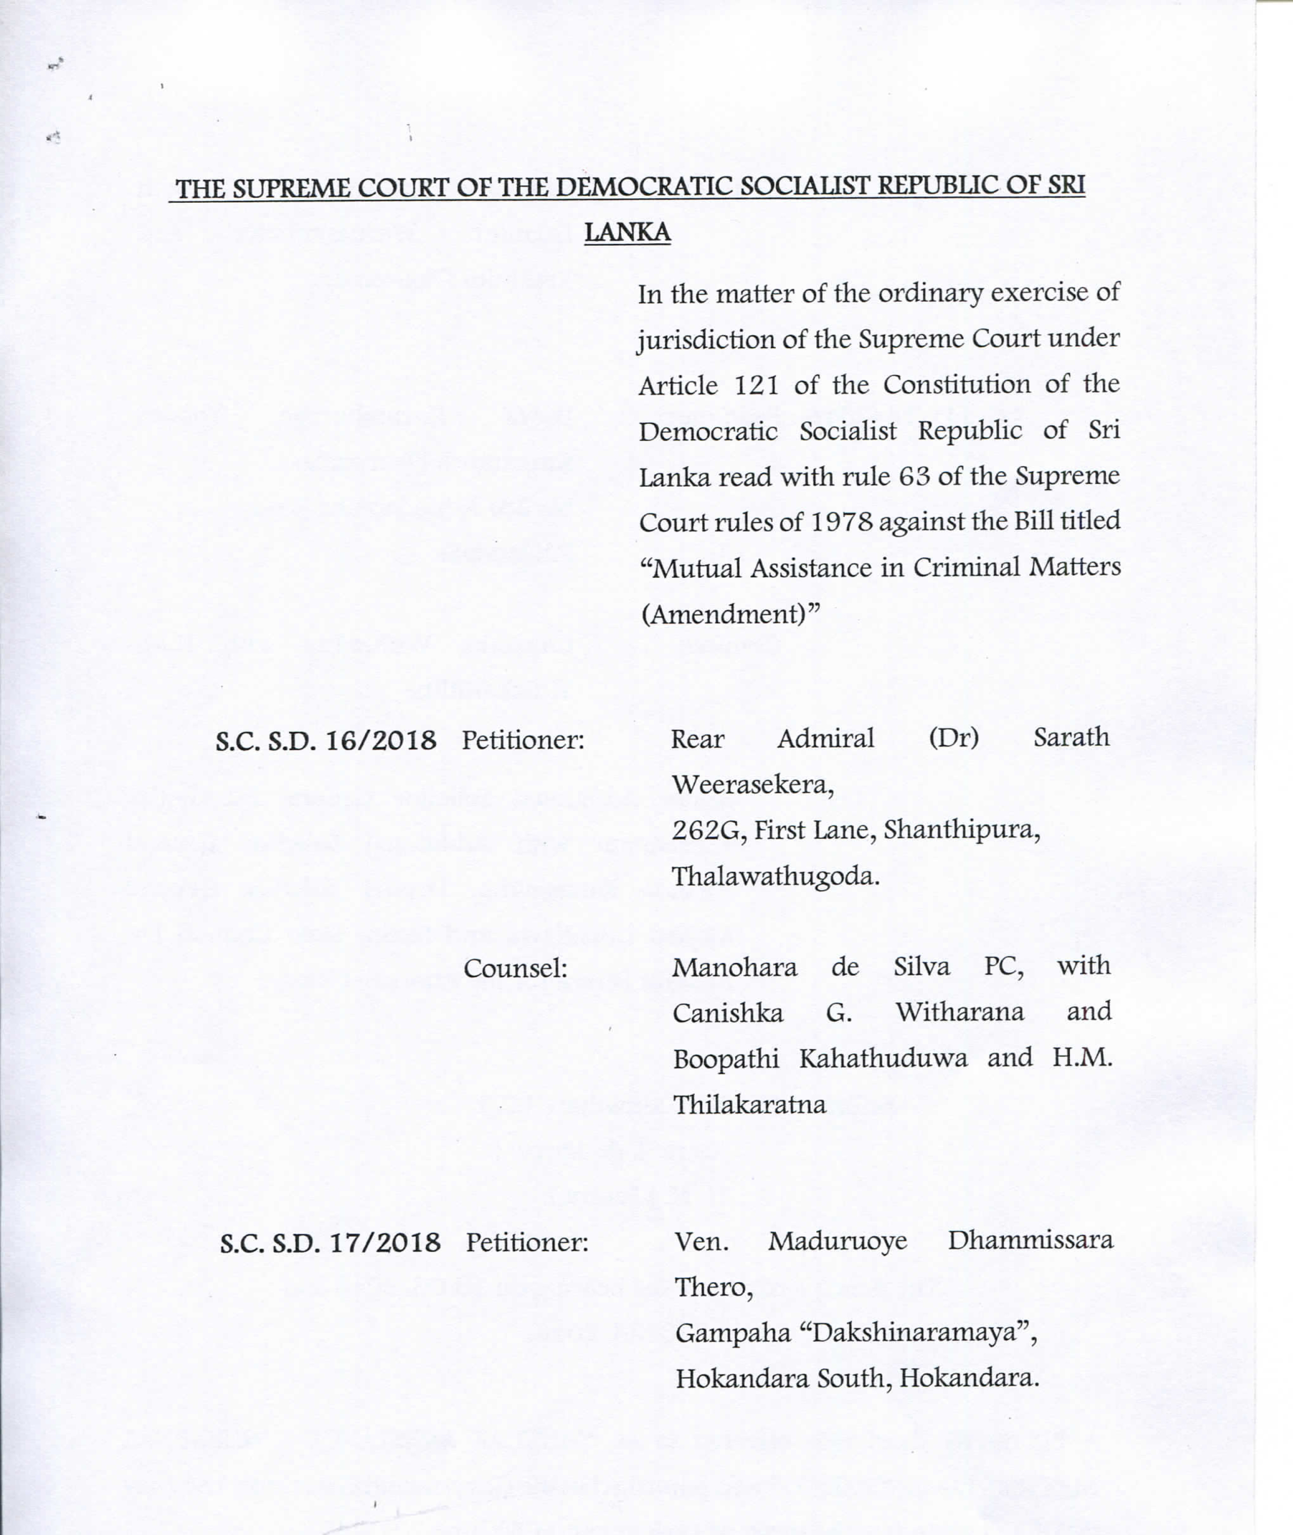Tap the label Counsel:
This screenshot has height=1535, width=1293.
[515, 969]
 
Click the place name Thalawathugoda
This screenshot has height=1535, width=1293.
[775, 876]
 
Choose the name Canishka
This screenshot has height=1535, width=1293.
[728, 1013]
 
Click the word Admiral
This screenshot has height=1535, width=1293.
[825, 739]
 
